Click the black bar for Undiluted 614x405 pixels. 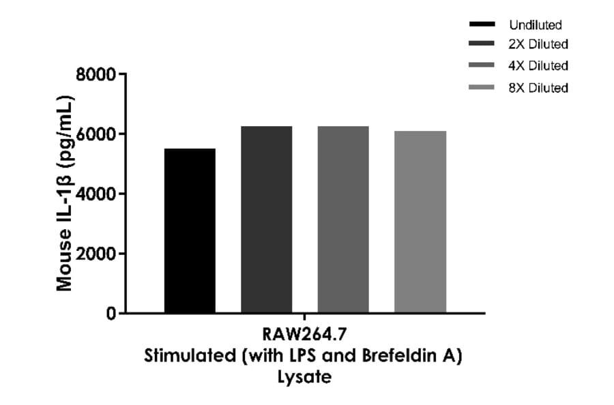pos(190,230)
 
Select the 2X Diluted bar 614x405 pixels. pos(266,220)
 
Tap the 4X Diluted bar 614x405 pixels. pos(343,220)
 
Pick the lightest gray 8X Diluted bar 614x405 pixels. pos(420,222)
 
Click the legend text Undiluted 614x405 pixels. pos(535,25)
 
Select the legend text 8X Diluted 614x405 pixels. pos(538,88)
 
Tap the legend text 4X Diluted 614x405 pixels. pos(538,66)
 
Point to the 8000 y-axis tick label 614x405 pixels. pos(96,74)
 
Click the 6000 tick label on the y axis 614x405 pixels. pos(96,134)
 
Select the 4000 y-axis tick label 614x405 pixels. pos(96,194)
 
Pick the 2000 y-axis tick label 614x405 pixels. pos(96,254)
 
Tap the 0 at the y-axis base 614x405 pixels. pos(111,314)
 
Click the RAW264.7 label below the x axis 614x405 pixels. pos(303,335)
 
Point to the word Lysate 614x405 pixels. pos(304,376)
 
